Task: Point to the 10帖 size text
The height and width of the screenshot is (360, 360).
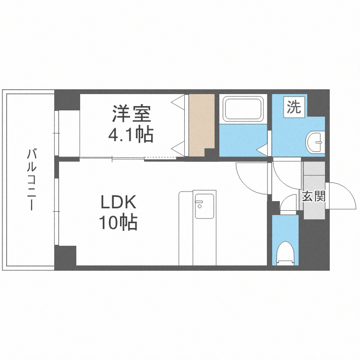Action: pos(118,223)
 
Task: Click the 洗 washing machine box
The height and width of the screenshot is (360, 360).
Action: pos(294,107)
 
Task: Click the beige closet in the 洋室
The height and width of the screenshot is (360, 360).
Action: pos(201,124)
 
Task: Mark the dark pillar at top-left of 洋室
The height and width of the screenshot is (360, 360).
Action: pos(67,101)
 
